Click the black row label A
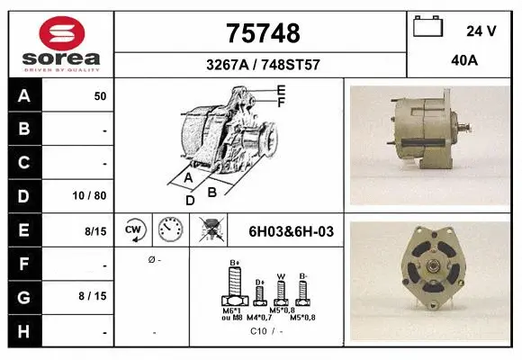tap(23, 95)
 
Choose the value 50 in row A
tap(100, 95)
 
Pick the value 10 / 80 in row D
tap(93, 195)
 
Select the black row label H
tap(23, 331)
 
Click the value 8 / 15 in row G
tap(93, 295)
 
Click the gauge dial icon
tap(169, 230)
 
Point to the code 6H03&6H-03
tap(291, 231)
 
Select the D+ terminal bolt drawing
tap(259, 292)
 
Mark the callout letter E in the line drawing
tap(281, 89)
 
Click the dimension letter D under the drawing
tap(190, 201)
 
